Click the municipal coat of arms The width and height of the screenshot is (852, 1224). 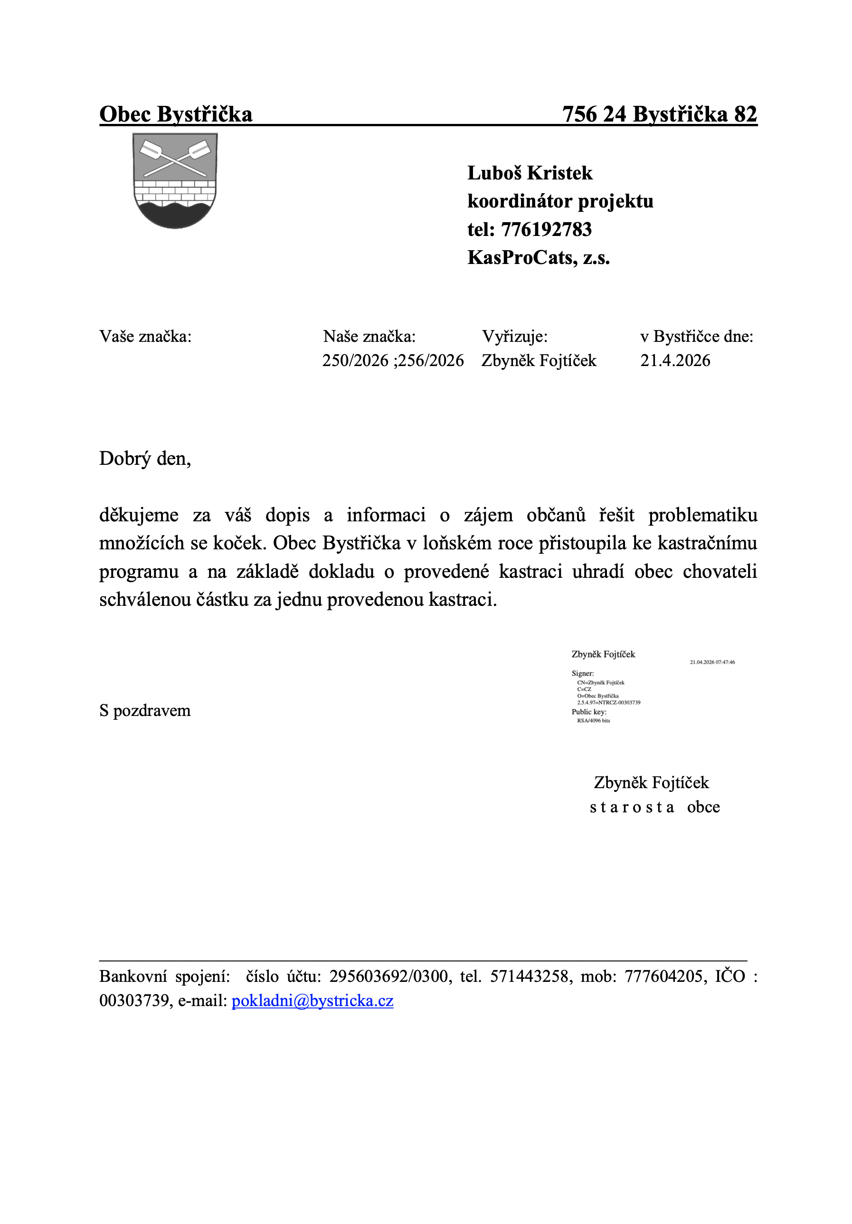(175, 180)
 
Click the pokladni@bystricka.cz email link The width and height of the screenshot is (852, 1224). (312, 1001)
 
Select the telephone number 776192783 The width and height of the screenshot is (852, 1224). (547, 229)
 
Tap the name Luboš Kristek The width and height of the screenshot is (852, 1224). (530, 173)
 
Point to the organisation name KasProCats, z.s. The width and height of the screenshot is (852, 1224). (539, 257)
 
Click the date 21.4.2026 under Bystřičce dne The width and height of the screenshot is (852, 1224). (675, 360)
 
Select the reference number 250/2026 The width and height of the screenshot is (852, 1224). (355, 360)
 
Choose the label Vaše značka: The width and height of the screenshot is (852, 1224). (145, 337)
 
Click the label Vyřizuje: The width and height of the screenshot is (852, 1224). (514, 337)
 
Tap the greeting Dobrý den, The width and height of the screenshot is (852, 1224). (145, 459)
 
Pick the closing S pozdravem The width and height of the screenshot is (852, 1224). (145, 710)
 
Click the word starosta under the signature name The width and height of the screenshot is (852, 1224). (632, 807)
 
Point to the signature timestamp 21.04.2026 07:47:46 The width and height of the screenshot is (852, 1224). (712, 662)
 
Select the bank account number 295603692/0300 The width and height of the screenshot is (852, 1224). (388, 976)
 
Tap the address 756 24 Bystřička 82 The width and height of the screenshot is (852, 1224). (660, 114)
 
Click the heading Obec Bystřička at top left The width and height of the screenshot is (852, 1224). (175, 114)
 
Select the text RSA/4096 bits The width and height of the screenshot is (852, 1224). (594, 720)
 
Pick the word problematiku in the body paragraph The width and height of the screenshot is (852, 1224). (703, 515)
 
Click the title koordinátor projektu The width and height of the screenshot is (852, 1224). (560, 201)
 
